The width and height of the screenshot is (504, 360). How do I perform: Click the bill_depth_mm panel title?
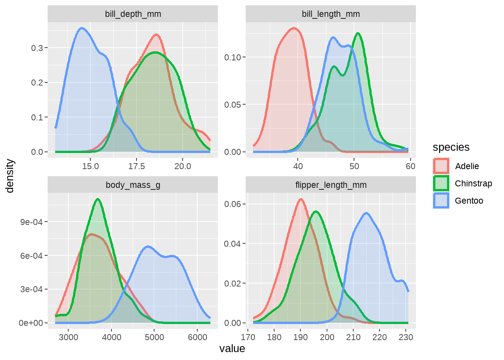pyautogui.click(x=133, y=14)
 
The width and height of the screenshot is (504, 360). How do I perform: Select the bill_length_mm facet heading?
pyautogui.click(x=331, y=14)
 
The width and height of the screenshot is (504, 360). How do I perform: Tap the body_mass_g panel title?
pyautogui.click(x=133, y=185)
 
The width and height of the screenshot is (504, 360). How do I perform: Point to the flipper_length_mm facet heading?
pyautogui.click(x=331, y=185)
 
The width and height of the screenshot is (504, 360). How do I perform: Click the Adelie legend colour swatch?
pyautogui.click(x=441, y=166)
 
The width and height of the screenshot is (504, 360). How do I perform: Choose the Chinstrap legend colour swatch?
pyautogui.click(x=441, y=183)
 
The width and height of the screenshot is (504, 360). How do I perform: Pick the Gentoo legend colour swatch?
pyautogui.click(x=441, y=201)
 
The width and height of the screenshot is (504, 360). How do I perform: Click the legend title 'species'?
pyautogui.click(x=451, y=147)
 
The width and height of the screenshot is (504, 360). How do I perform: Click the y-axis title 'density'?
pyautogui.click(x=10, y=176)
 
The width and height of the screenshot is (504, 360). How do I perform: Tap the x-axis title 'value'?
pyautogui.click(x=232, y=349)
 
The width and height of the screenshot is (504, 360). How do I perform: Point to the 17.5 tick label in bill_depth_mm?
pyautogui.click(x=136, y=166)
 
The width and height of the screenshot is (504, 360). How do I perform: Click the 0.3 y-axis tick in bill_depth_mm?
pyautogui.click(x=37, y=48)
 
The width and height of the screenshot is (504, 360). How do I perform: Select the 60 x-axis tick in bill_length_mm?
pyautogui.click(x=411, y=166)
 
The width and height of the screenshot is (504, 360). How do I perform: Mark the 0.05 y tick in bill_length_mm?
pyautogui.click(x=232, y=105)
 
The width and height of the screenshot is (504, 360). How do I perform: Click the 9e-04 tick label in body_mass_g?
pyautogui.click(x=31, y=222)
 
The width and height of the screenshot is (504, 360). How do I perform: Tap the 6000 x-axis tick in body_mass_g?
pyautogui.click(x=198, y=337)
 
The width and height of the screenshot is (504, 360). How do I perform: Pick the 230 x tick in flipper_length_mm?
pyautogui.click(x=406, y=337)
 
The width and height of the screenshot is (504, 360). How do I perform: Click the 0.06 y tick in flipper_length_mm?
pyautogui.click(x=232, y=204)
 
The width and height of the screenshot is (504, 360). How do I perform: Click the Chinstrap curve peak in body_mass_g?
pyautogui.click(x=98, y=199)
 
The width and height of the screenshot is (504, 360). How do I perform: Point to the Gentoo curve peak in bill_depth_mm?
pyautogui.click(x=82, y=28)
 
